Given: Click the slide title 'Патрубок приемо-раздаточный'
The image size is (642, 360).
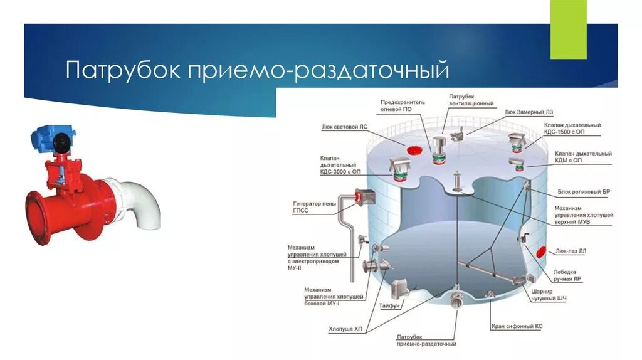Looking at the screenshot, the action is (258, 70).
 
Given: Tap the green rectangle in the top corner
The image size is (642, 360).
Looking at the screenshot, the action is (568, 29).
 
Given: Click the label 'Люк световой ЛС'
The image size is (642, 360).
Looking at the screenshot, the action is (344, 126).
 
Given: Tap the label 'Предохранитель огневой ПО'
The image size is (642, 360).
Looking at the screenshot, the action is (403, 105).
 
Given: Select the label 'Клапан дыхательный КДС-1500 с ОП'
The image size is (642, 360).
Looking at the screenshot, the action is (572, 129).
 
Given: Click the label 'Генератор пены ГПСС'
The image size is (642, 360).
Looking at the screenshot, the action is (314, 207).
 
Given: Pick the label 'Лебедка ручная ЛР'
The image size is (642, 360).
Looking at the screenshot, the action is (568, 276).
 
